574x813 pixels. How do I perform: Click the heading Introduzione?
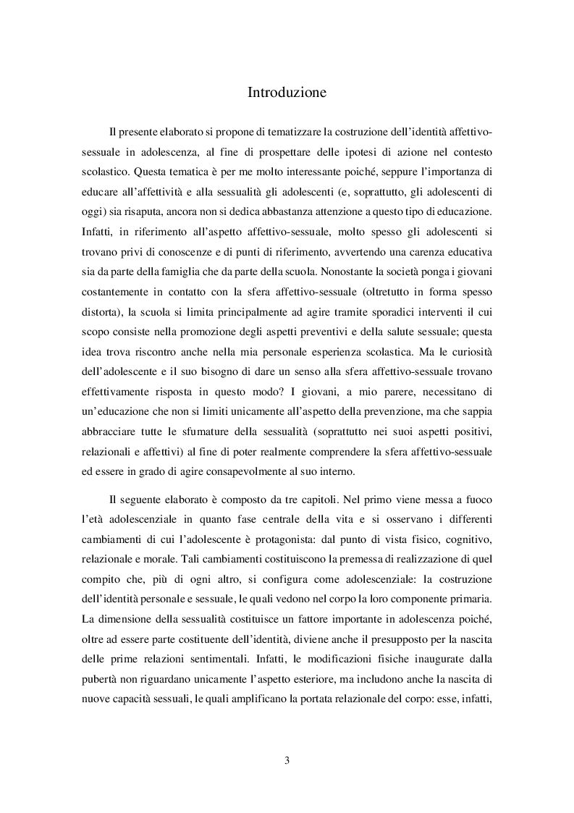pyautogui.click(x=287, y=93)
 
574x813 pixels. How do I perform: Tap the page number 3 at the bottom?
pyautogui.click(x=287, y=760)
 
